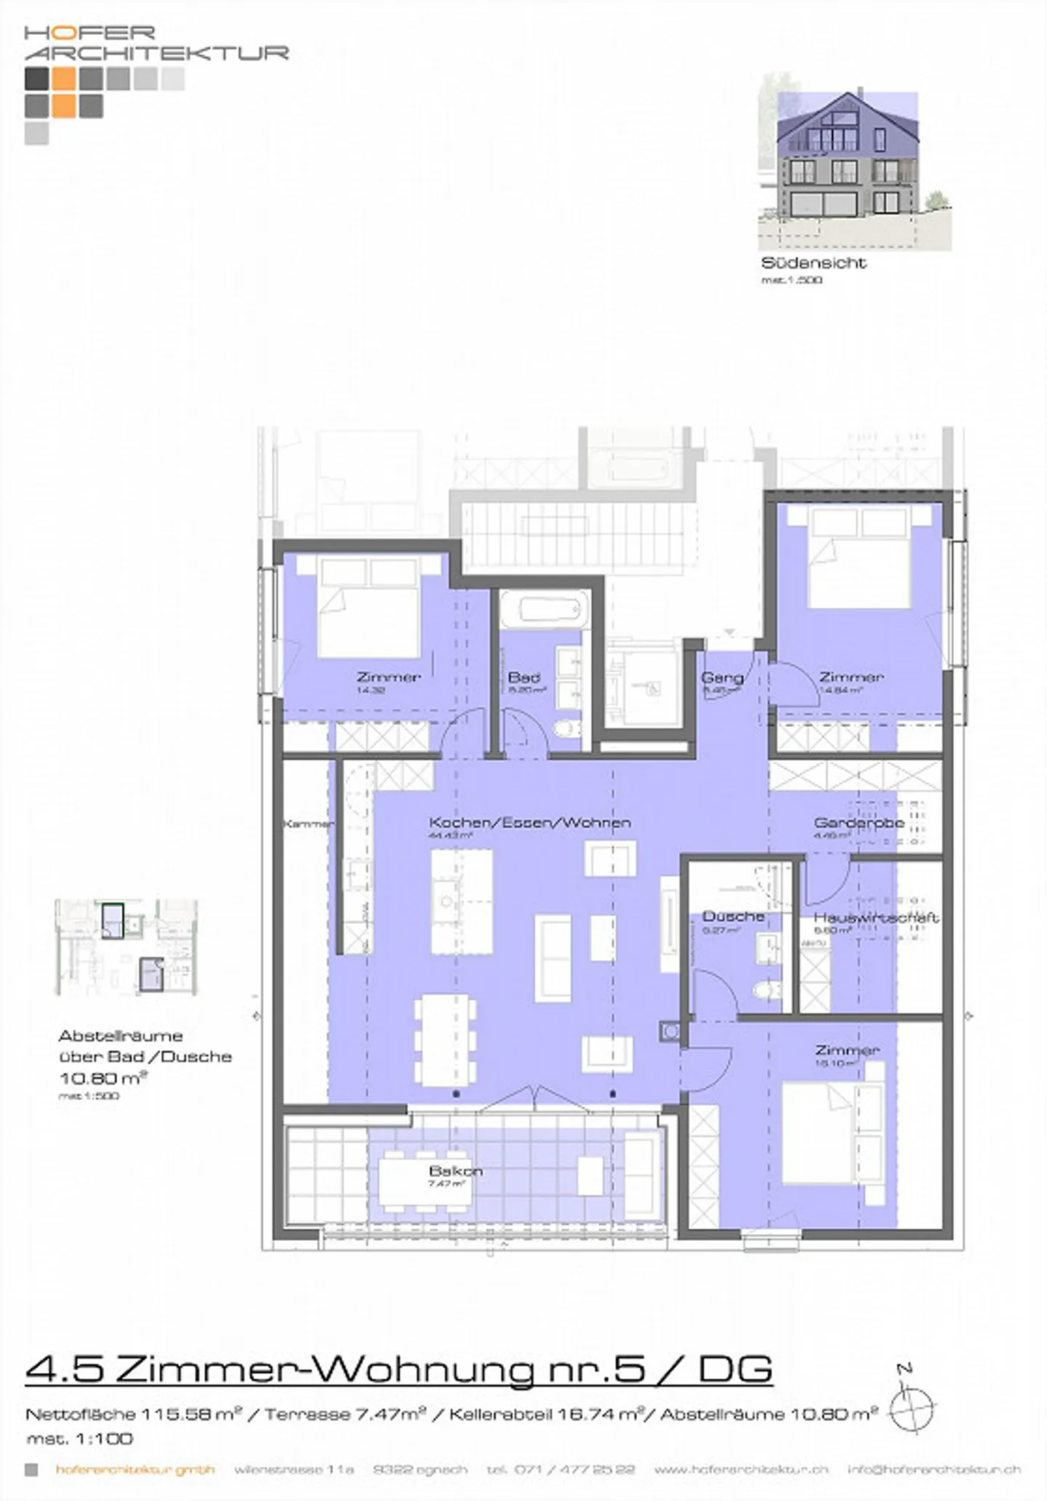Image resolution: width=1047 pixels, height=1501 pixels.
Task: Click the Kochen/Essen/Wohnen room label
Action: pyautogui.click(x=529, y=823)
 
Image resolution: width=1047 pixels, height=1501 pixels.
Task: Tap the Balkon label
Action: pyautogui.click(x=456, y=1171)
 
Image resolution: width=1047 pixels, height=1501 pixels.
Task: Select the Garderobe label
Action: pyautogui.click(x=859, y=823)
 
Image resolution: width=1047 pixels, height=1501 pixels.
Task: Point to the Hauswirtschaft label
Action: pyautogui.click(x=875, y=917)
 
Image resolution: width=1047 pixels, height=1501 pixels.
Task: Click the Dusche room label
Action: pyautogui.click(x=733, y=917)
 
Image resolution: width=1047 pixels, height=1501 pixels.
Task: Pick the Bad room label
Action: pyautogui.click(x=523, y=677)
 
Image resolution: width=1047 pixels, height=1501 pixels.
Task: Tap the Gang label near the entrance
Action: pyautogui.click(x=722, y=677)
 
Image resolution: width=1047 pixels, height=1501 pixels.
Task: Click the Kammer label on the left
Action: pyautogui.click(x=308, y=824)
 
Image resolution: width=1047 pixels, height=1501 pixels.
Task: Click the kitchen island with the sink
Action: pyautogui.click(x=461, y=902)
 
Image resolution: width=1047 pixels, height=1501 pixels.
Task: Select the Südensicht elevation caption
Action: pyautogui.click(x=814, y=263)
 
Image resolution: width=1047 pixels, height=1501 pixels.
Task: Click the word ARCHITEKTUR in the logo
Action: pyautogui.click(x=156, y=53)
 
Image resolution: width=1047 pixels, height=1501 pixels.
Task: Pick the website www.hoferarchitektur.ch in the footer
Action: pyautogui.click(x=741, y=1469)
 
